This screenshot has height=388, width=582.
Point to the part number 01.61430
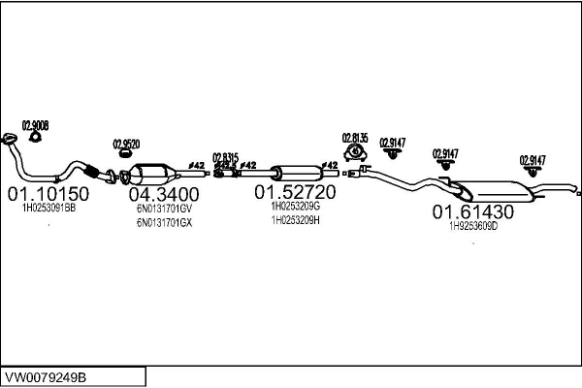pyautogui.click(x=472, y=211)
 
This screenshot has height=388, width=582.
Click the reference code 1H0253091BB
pyautogui.click(x=48, y=208)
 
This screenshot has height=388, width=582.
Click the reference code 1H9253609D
pyautogui.click(x=472, y=226)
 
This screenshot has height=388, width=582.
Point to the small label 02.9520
pyautogui.click(x=126, y=144)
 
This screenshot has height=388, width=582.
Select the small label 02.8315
pyautogui.click(x=225, y=156)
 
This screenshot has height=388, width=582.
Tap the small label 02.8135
pyautogui.click(x=355, y=138)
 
